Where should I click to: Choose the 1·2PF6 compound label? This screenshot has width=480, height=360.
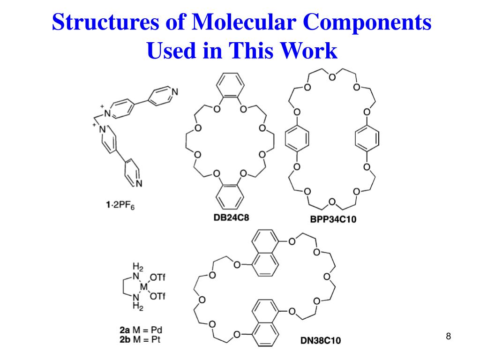click(120, 204)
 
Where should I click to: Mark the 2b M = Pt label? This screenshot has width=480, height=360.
click(140, 339)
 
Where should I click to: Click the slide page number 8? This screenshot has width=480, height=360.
click(448, 336)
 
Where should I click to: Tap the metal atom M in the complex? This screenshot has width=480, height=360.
click(144, 286)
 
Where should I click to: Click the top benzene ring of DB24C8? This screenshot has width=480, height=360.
click(229, 87)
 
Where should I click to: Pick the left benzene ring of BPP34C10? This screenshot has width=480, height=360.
click(297, 139)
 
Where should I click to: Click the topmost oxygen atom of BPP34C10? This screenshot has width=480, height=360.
click(332, 77)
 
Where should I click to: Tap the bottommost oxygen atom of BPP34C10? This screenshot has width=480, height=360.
click(332, 202)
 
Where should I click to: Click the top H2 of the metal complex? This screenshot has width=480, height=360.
click(138, 267)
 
